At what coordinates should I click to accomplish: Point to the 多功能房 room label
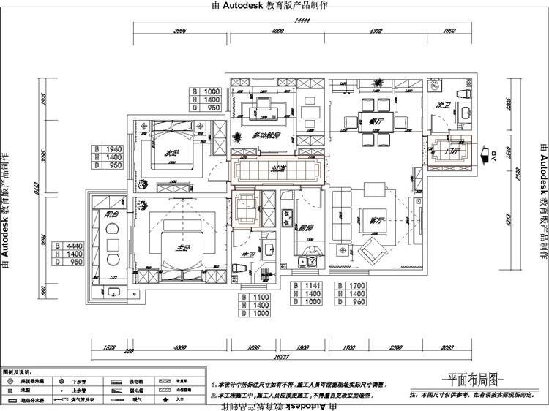(268, 135)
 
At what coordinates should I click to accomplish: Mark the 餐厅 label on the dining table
(376, 121)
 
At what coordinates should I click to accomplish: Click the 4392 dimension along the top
(377, 31)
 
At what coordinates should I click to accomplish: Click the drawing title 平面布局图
(474, 380)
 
